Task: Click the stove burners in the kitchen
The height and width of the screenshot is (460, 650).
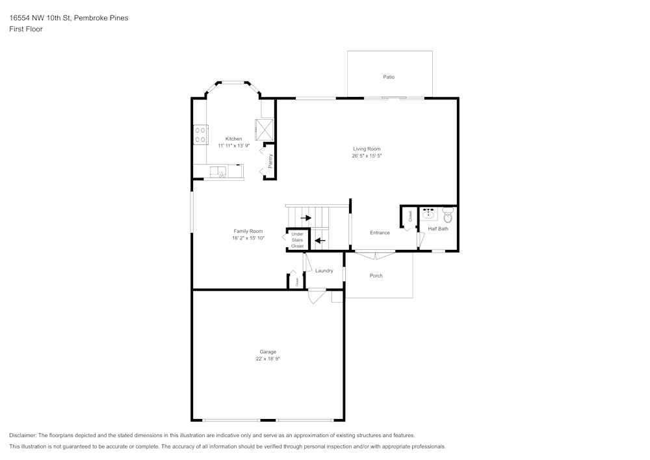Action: pos(200,135)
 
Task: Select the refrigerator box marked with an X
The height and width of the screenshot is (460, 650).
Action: pos(265,129)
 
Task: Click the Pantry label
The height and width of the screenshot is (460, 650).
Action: pos(270,160)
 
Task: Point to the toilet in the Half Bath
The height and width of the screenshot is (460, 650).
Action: pos(447,215)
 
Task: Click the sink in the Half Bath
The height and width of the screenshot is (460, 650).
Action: pos(429,215)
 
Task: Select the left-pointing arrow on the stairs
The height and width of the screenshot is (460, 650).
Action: pos(319,240)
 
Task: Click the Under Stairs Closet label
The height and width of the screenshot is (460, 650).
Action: pos(297,239)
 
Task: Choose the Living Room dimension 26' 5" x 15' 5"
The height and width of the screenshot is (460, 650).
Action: pos(367,156)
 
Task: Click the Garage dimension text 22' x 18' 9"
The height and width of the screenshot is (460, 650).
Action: pos(268,359)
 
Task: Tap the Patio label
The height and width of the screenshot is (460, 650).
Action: pos(389,77)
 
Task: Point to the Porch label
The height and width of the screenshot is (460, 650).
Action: pos(376,276)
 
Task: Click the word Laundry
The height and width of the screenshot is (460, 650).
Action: pos(324,271)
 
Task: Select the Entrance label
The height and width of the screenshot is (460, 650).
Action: pos(380,233)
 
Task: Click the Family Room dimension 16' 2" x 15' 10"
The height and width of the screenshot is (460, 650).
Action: pos(248,238)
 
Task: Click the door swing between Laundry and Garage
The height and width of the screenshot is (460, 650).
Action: pos(316,297)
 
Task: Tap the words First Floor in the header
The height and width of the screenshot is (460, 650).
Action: pos(26,29)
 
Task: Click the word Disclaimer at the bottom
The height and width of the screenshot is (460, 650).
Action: pos(23,435)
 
